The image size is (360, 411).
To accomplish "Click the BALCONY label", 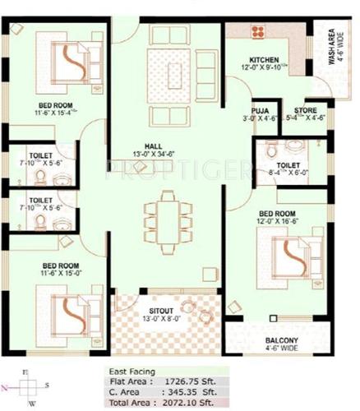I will (x=282, y=340).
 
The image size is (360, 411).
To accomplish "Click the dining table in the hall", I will (x=168, y=216).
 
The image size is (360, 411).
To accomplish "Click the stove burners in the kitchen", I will (x=258, y=32).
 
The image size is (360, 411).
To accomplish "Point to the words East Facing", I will (x=132, y=372).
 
